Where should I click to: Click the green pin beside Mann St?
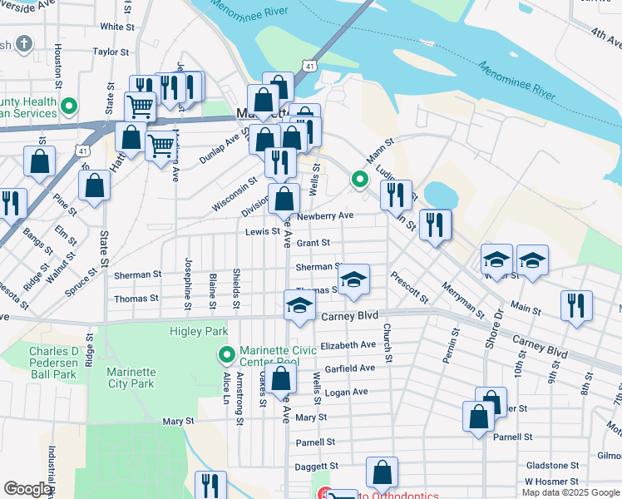(359, 179)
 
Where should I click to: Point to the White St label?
(117, 27)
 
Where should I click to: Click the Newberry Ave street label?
(325, 215)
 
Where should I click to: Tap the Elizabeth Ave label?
(348, 344)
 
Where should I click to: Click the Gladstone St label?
(551, 465)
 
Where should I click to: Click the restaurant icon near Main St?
(576, 305)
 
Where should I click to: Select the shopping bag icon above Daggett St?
(382, 473)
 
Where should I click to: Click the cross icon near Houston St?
(25, 43)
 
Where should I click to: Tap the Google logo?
(27, 489)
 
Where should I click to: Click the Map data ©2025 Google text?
(571, 492)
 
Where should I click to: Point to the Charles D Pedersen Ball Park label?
(53, 357)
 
